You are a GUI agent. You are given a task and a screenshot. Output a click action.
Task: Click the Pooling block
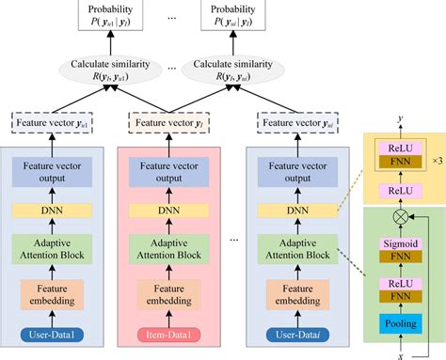click(400, 324)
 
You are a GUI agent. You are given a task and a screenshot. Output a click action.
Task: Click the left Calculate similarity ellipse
click(112, 70)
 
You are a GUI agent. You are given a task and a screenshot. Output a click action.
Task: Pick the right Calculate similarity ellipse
click(231, 70)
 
